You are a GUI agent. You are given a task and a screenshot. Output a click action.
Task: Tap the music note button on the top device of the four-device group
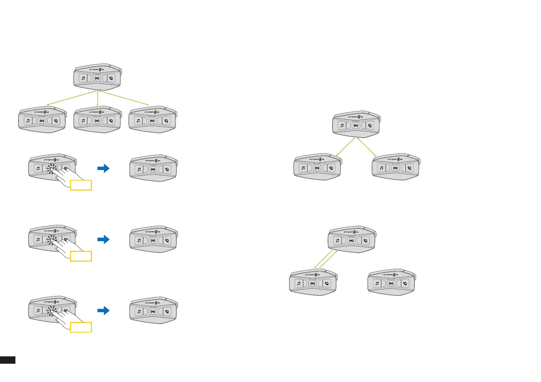(83, 78)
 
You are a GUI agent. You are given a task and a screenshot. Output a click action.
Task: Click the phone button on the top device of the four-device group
(111, 78)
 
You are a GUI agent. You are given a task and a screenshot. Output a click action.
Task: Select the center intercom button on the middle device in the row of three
(97, 121)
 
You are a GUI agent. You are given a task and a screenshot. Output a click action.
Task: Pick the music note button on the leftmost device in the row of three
(28, 121)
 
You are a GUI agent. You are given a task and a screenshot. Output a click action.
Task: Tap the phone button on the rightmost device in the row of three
(166, 121)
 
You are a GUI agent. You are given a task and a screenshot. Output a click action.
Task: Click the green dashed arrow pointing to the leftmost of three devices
(71, 98)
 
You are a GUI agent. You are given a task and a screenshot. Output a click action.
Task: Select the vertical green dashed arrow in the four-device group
(97, 98)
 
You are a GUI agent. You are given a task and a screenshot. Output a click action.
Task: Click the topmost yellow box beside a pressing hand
(81, 185)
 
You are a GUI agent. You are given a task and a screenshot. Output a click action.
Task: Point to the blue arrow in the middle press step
(103, 239)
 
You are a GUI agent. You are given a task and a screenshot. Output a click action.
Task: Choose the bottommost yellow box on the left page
(81, 327)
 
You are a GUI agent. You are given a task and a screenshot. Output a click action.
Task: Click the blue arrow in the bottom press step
(103, 310)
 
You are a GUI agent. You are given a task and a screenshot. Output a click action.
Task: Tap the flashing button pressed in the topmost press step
(51, 168)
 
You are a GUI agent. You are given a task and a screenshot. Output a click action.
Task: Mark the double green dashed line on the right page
(326, 259)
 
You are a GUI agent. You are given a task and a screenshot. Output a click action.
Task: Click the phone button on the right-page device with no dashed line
(405, 283)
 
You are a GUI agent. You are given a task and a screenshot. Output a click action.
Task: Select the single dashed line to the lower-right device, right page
(367, 147)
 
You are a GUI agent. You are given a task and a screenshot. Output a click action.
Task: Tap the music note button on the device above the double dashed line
(337, 241)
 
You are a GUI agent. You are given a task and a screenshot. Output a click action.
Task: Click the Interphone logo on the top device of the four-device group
(97, 69)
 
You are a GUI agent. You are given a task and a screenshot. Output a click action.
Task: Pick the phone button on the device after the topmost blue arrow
(167, 169)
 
